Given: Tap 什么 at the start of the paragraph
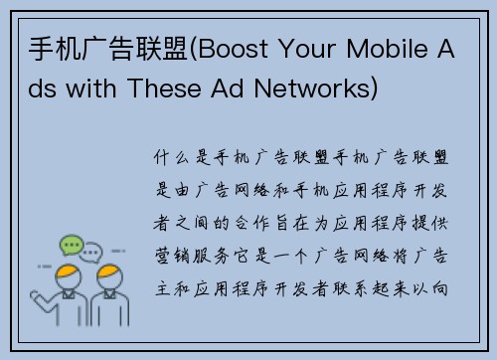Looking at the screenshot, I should click(x=172, y=157).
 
